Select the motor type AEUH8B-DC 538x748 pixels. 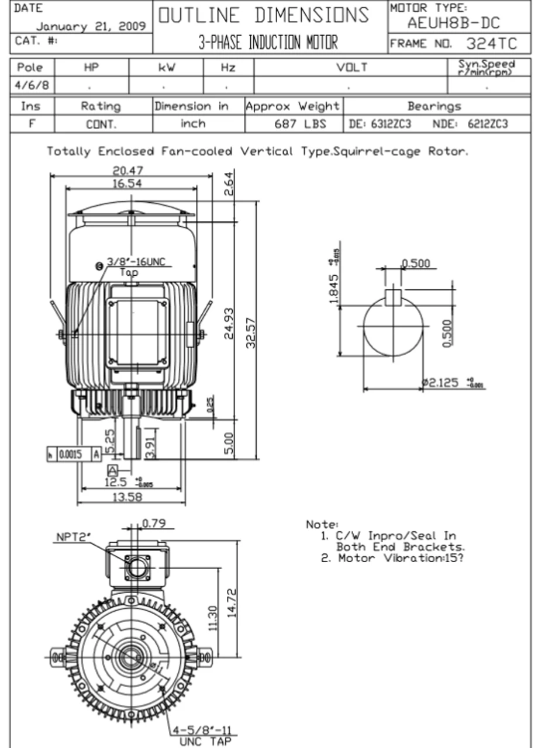(x=454, y=25)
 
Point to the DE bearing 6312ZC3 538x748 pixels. (x=380, y=124)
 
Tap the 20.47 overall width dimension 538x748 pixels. (x=128, y=171)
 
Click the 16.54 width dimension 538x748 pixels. (x=128, y=183)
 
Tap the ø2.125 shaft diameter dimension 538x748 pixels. (x=442, y=383)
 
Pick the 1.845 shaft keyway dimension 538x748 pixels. (x=334, y=289)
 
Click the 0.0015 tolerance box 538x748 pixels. (x=70, y=455)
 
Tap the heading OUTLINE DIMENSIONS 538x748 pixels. (x=264, y=15)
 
